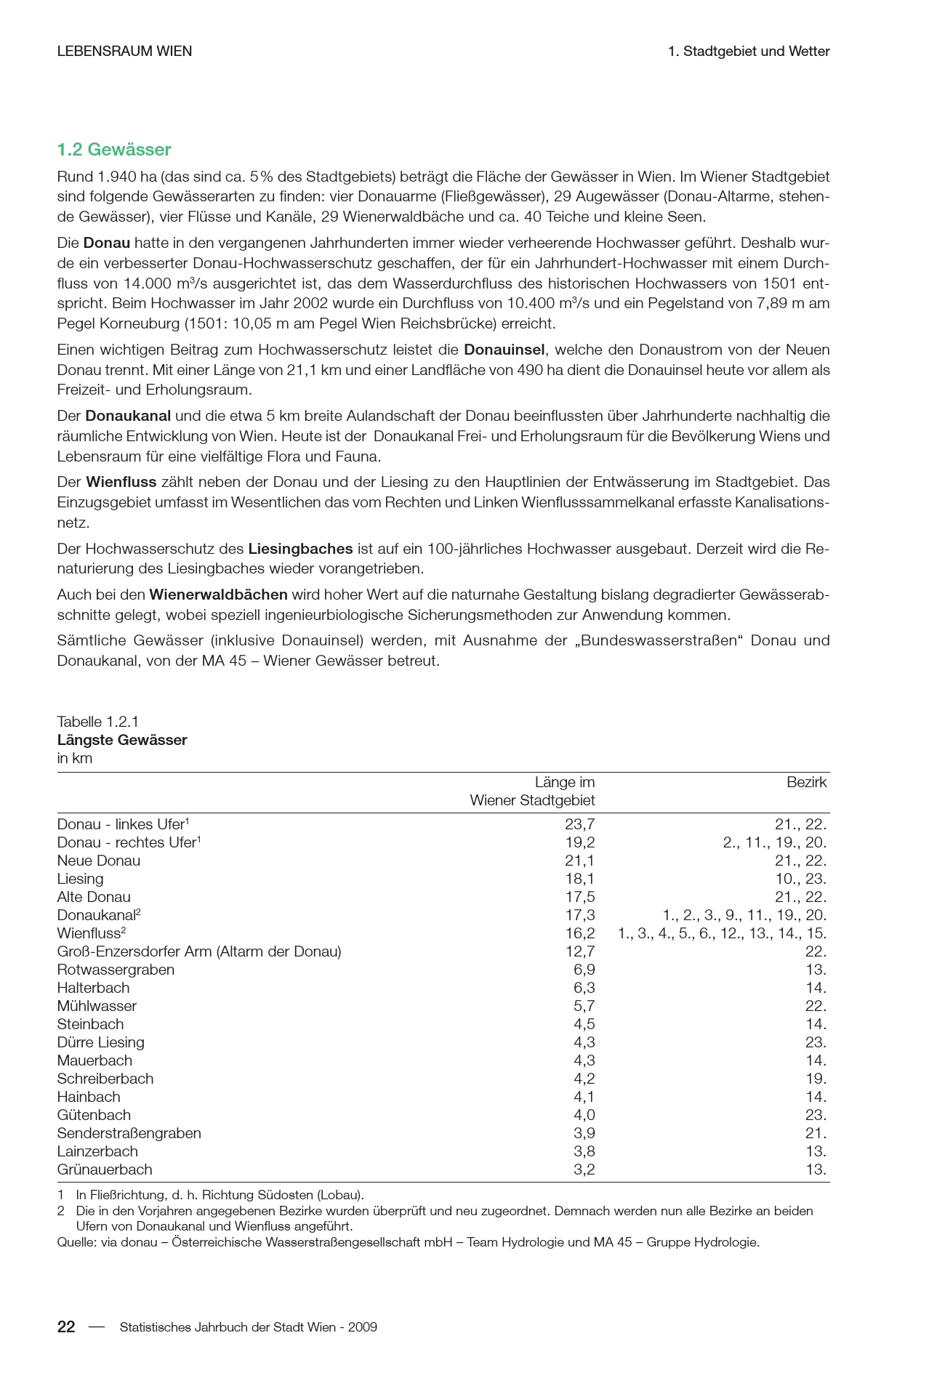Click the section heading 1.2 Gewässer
[x=114, y=150]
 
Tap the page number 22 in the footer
[x=66, y=1327]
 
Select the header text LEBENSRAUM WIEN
[x=124, y=52]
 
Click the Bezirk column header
[x=806, y=783]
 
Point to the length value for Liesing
[x=579, y=879]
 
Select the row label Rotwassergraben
[x=116, y=970]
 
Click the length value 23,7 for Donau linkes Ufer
[x=579, y=824]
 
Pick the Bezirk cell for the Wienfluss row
[x=722, y=933]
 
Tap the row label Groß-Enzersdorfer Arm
[x=198, y=951]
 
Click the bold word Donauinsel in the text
[x=504, y=350]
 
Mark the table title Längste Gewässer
[x=122, y=740]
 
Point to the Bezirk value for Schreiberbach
[x=816, y=1079]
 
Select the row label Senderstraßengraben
[x=129, y=1133]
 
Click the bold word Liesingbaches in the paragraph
[x=300, y=549]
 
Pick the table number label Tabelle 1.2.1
[x=97, y=722]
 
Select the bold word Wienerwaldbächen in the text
[x=218, y=595]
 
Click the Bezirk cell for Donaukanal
[x=744, y=915]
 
